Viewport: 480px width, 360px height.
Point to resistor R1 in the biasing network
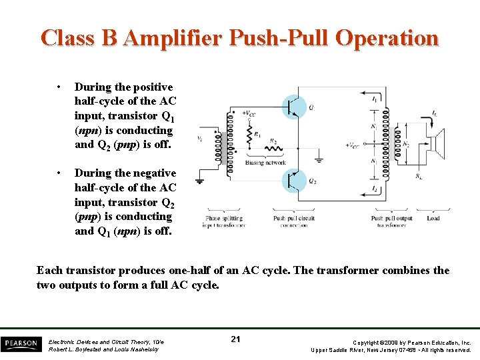tap(249, 135)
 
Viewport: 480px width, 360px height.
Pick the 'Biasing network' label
tap(265, 162)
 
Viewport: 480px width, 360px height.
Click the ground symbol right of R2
tap(317, 159)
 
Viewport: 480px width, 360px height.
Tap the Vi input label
tap(199, 139)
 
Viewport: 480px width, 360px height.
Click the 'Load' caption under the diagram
tap(433, 218)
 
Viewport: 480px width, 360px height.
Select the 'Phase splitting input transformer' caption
tap(224, 221)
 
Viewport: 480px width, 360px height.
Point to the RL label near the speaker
tap(418, 176)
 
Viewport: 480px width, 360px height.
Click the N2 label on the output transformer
tap(407, 144)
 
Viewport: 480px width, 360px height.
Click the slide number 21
tap(235, 339)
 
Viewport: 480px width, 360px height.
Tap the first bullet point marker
tap(59, 87)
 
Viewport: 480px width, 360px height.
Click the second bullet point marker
tap(59, 173)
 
